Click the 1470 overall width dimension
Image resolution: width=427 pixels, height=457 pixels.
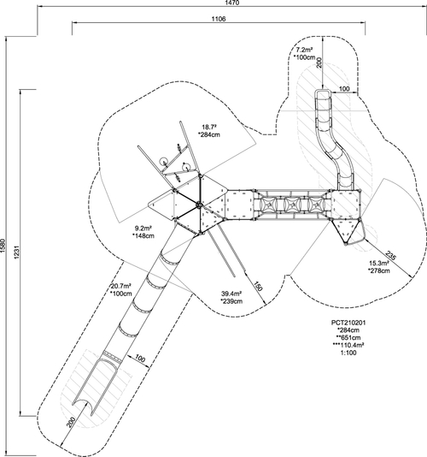click(231, 3)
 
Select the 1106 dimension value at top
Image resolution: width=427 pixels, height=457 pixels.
click(219, 19)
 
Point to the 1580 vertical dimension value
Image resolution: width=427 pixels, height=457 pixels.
click(3, 246)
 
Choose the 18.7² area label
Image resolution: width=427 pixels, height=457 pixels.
click(209, 127)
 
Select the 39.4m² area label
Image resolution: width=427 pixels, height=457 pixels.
click(231, 294)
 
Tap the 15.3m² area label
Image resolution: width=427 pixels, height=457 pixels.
click(379, 264)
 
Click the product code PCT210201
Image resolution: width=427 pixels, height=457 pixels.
click(348, 323)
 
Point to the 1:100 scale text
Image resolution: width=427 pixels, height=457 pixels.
click(348, 353)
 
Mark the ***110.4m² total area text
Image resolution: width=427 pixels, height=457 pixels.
click(348, 345)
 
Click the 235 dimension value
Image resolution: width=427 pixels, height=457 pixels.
click(390, 255)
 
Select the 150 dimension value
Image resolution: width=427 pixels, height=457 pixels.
click(258, 286)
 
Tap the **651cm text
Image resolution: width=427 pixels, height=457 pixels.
click(348, 338)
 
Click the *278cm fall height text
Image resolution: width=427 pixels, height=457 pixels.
click(378, 270)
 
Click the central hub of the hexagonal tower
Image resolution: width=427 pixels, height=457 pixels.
click(199, 205)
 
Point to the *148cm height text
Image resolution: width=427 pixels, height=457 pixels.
click(143, 235)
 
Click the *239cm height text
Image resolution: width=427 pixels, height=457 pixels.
click(231, 301)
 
